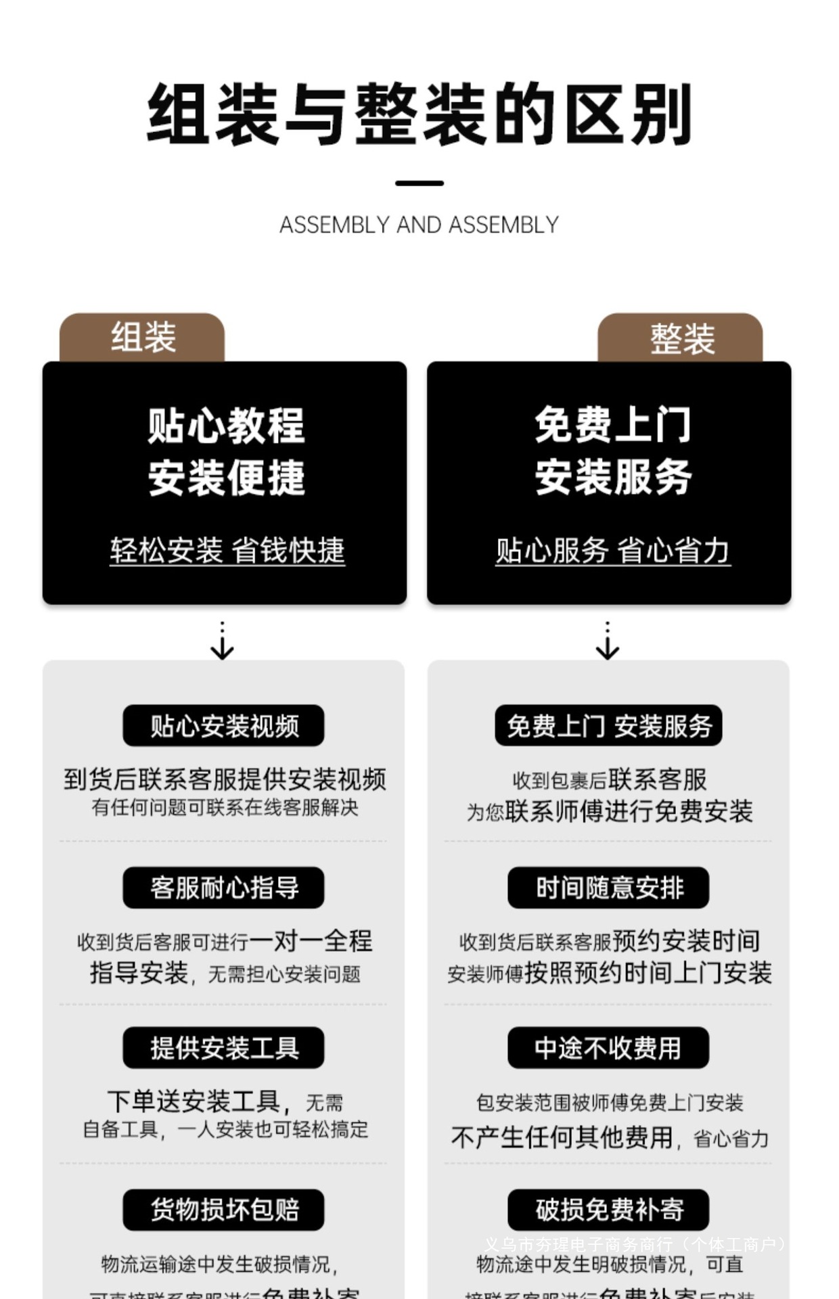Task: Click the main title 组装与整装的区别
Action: pos(419,114)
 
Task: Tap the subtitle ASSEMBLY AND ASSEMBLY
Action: pos(419,225)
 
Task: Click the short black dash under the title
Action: pos(419,183)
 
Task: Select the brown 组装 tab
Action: pos(142,337)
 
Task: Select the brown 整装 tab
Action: pos(681,337)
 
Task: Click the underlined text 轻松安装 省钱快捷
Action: pos(227,551)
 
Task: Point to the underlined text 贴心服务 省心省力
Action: pos(612,551)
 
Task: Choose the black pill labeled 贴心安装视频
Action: pos(223,726)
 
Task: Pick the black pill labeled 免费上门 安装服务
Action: pos(608,726)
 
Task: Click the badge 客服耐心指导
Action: pos(223,888)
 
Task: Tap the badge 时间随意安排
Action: pos(608,888)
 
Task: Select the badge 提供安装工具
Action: pos(223,1048)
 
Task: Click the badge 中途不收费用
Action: pos(608,1048)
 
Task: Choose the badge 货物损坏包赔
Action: pos(223,1210)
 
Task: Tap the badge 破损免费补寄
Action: pos(608,1210)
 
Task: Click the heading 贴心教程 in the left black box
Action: pos(226,426)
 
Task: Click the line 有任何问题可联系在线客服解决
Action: pos(225,807)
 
